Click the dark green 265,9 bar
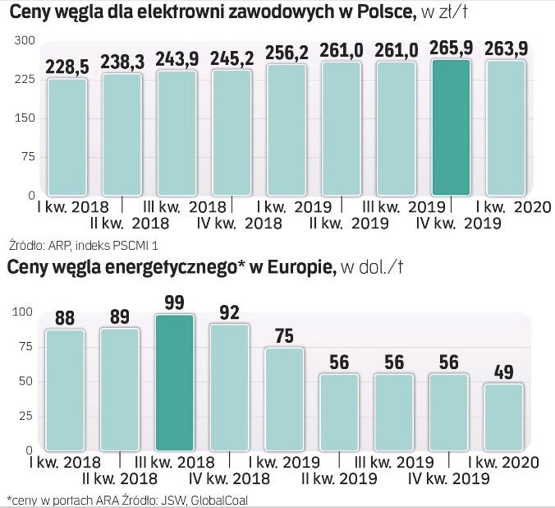[452, 127]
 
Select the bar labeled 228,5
[67, 136]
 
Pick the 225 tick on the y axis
[25, 80]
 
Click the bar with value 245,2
[232, 133]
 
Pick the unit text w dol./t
[373, 269]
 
